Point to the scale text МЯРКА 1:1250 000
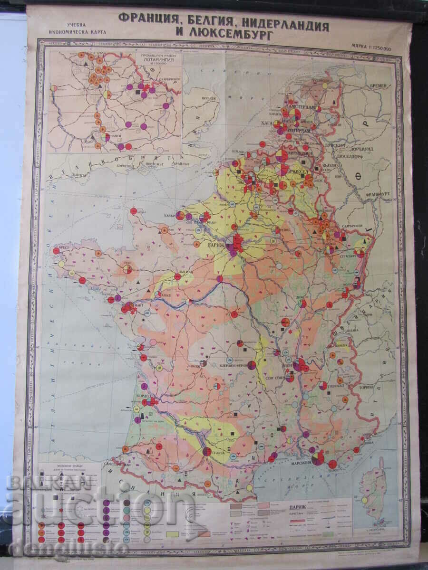[370, 48]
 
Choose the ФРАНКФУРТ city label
[378, 195]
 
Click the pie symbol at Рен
[127, 269]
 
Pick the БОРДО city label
[143, 396]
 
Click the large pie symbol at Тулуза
[207, 452]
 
